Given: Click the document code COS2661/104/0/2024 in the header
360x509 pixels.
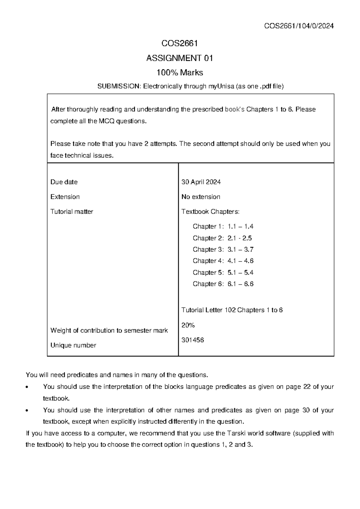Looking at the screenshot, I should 299,26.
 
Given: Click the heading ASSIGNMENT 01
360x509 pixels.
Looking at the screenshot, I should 179,58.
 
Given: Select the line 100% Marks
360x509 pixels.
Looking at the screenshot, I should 179,73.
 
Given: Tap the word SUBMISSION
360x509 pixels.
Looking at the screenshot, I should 118,86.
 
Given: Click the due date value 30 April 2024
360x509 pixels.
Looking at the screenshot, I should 201,182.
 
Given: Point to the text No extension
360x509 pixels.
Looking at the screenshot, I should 201,197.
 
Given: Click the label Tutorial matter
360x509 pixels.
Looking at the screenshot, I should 72,212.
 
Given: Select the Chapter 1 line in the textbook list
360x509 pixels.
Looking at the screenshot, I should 223,226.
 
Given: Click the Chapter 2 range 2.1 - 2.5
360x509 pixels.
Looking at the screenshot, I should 239,238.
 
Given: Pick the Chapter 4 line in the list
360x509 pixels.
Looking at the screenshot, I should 223,261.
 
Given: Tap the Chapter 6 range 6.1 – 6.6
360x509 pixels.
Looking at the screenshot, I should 240,284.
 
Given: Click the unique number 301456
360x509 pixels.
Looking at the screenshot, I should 193,340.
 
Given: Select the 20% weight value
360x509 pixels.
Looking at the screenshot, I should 188,325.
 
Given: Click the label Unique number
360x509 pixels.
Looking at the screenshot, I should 73,345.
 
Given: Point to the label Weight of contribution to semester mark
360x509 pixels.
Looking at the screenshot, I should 109,330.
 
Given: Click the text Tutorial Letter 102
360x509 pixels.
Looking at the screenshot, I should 208,310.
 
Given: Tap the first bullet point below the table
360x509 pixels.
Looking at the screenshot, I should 28,387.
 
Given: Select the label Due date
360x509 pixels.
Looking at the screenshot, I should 64,182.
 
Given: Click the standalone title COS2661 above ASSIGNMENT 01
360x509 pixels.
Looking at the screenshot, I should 179,44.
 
